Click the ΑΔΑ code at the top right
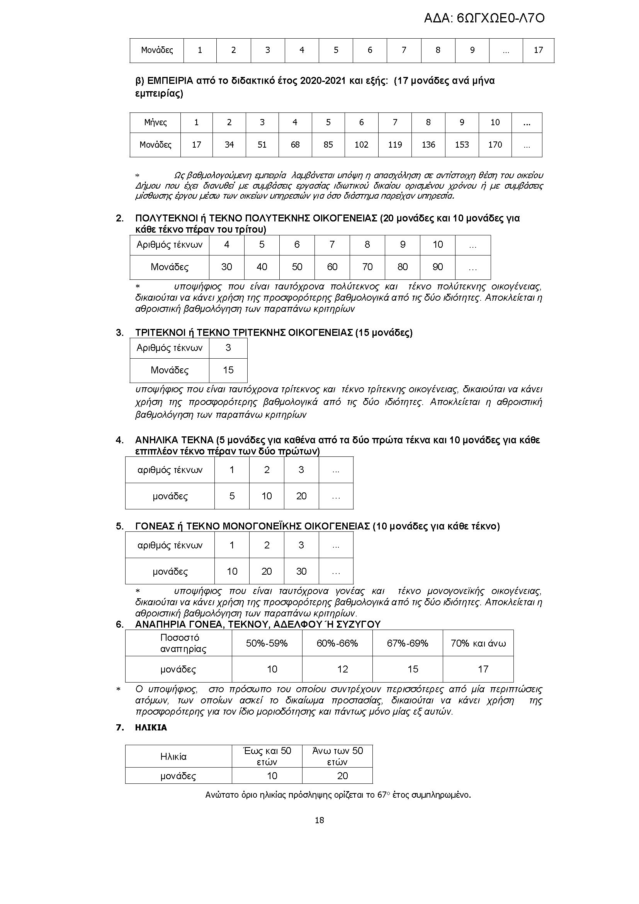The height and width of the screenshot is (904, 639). pos(484,18)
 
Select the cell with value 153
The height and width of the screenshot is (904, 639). pos(462,145)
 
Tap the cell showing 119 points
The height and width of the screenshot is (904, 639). pos(395,145)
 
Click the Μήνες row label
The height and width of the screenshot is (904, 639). pos(155,123)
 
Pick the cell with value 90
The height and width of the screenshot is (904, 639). pos(438,267)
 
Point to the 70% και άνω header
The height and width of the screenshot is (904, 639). pos(478,643)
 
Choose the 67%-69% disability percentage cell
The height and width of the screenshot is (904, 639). pos(408,643)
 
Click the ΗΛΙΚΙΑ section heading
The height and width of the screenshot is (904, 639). pos(151,728)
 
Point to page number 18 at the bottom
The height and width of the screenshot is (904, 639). pos(319,820)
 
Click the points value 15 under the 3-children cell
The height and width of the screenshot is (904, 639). pos(228,370)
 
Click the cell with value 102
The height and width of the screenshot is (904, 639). pos(361,145)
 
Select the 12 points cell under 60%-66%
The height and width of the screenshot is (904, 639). pos(342,669)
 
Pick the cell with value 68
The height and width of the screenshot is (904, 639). pos(295,145)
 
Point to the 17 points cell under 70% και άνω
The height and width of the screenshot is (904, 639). pos(483,669)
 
